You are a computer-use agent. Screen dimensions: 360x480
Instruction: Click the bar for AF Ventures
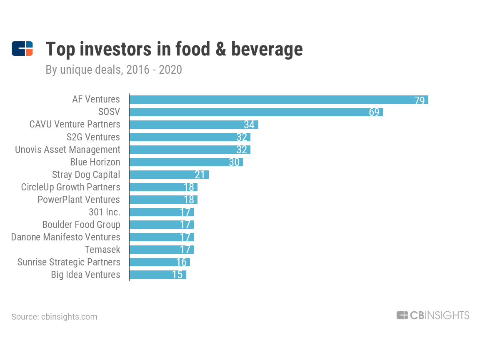tap(278, 100)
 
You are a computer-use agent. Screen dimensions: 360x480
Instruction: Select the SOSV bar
tap(256, 112)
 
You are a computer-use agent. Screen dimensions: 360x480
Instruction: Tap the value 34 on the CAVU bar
tap(249, 125)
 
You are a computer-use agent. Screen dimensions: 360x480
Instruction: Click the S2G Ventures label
tap(93, 137)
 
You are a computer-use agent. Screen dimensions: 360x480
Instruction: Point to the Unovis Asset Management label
tap(67, 150)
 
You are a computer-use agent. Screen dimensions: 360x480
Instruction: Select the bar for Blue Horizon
tap(186, 162)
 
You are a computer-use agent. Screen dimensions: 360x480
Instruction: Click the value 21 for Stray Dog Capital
tap(200, 175)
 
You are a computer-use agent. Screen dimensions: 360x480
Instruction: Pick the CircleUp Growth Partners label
tap(70, 187)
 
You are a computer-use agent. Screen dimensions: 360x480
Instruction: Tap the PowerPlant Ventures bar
tap(163, 200)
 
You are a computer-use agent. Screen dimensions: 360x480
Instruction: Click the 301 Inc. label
tap(104, 212)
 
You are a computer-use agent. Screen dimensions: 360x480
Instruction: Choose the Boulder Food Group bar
tap(161, 225)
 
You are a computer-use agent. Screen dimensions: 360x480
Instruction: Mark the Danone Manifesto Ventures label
tap(65, 237)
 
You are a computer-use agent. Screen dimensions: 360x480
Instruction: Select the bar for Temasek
tap(161, 250)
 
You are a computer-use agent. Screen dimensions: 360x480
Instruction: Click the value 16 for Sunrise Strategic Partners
tap(181, 262)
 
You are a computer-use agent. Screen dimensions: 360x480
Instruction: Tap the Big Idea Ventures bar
tap(157, 275)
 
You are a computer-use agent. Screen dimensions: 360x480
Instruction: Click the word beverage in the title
tap(267, 49)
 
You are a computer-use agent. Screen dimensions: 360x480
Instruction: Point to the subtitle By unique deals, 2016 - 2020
tap(114, 70)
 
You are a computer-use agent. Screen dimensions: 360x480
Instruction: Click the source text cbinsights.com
tap(54, 317)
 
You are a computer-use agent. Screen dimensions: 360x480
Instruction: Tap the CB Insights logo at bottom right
tap(432, 315)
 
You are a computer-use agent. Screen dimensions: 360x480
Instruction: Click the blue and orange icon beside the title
tap(22, 49)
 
